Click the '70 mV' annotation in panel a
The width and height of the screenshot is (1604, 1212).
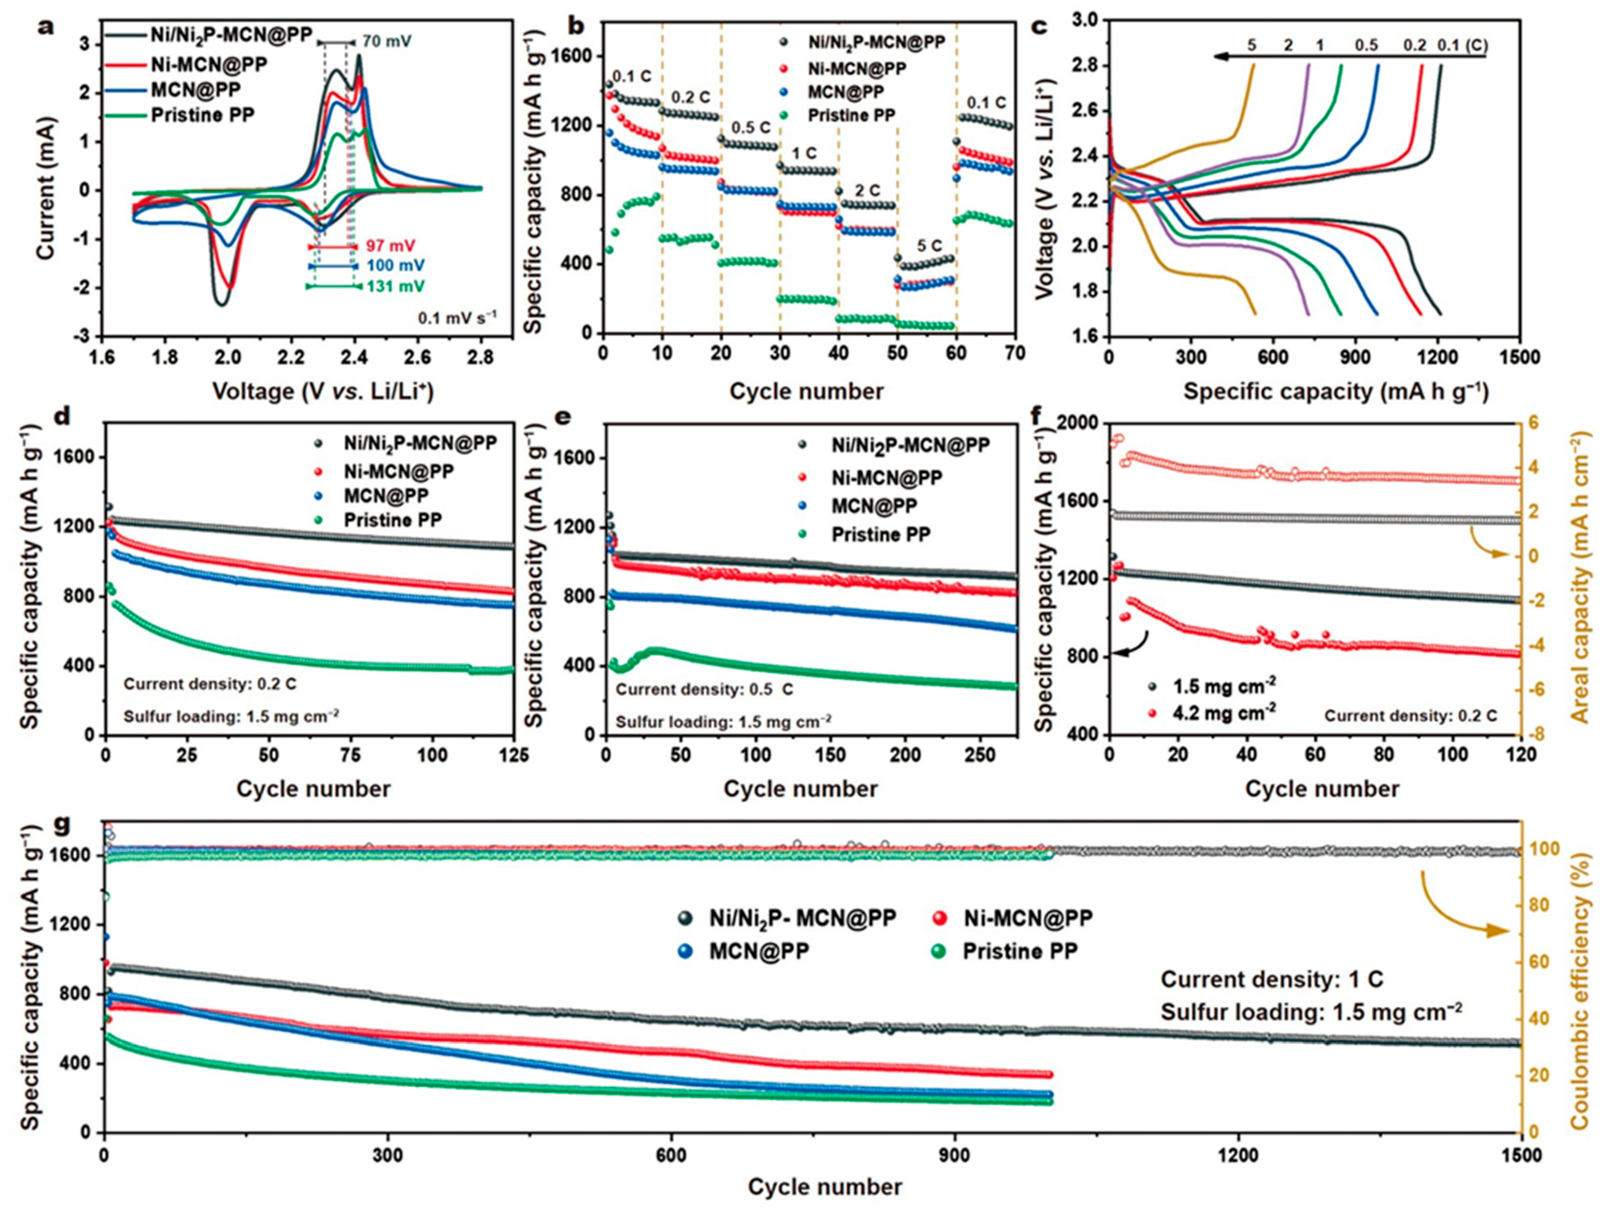pyautogui.click(x=387, y=42)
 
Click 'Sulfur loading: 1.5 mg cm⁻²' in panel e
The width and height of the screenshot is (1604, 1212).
pyautogui.click(x=723, y=721)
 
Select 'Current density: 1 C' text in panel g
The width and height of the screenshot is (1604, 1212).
pyautogui.click(x=1272, y=980)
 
